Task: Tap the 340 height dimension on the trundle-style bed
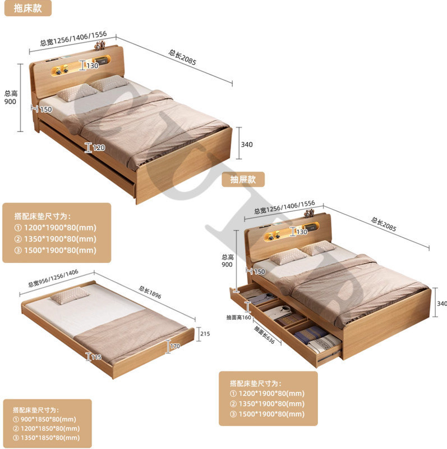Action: coord(246,144)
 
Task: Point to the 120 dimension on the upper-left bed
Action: coord(99,148)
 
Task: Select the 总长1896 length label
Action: coord(151,295)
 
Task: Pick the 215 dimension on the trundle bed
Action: coord(205,333)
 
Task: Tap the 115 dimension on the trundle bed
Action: coord(96,357)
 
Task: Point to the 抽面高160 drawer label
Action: coord(239,316)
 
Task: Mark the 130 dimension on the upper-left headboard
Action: coord(92,66)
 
